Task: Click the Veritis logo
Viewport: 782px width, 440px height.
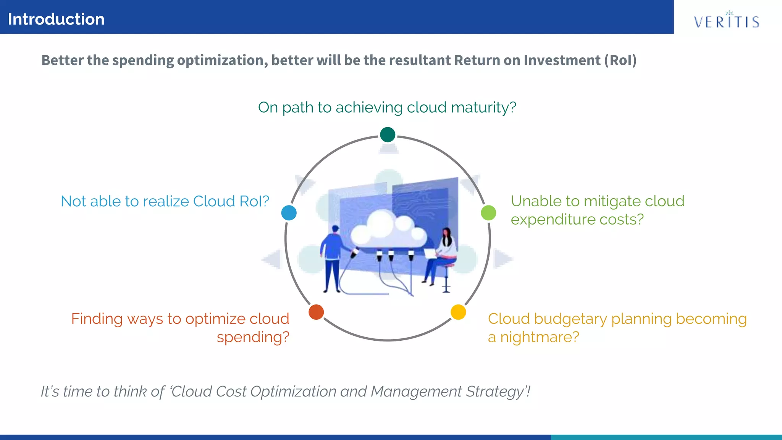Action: pos(726,21)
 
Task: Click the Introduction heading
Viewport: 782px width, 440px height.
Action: pos(56,19)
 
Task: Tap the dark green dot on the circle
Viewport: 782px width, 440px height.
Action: pos(388,134)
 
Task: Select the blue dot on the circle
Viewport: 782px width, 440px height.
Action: pos(289,213)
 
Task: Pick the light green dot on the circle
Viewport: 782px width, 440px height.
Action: pos(488,213)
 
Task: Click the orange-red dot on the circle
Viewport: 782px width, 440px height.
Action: pos(316,312)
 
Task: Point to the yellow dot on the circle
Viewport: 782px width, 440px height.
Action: pos(458,312)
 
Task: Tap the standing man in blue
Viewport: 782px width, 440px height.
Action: pos(333,256)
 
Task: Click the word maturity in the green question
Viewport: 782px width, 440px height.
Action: pos(483,108)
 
